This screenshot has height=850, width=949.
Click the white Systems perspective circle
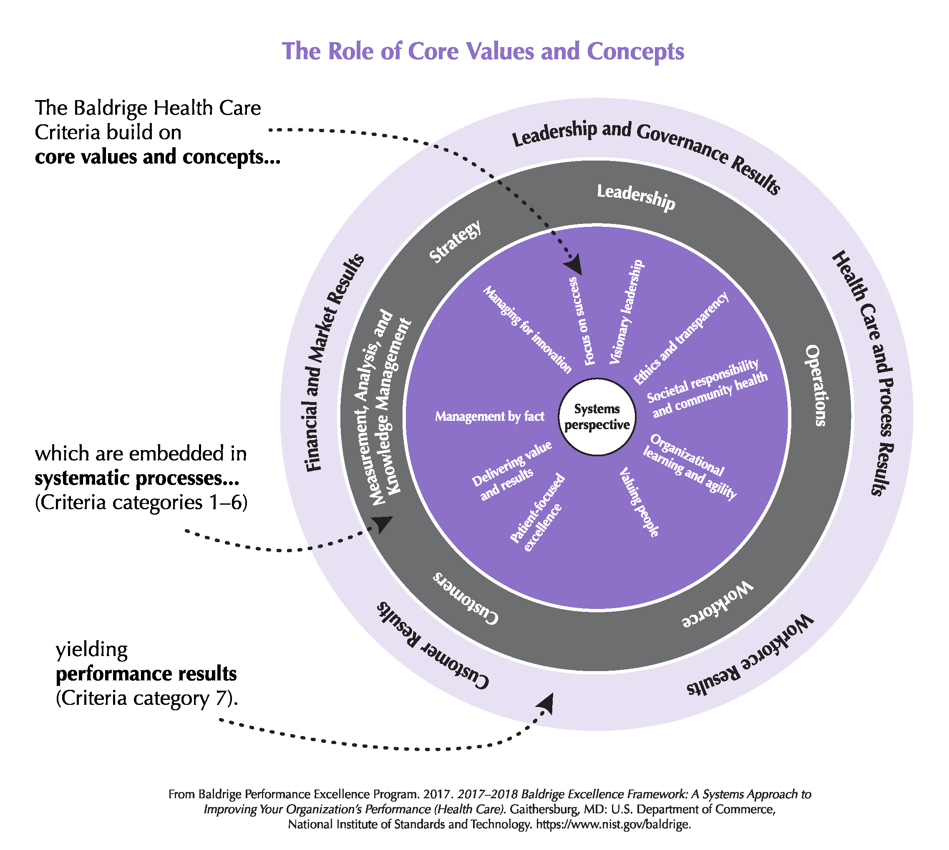point(597,417)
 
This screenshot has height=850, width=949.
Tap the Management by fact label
point(489,416)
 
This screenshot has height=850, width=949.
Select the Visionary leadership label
point(627,312)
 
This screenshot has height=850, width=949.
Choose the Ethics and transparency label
point(680,338)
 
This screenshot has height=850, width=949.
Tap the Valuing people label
point(639,503)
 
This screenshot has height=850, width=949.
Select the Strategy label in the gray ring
point(455,241)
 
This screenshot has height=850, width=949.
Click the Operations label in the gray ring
point(815,385)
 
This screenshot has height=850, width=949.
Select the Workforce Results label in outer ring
point(750,655)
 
